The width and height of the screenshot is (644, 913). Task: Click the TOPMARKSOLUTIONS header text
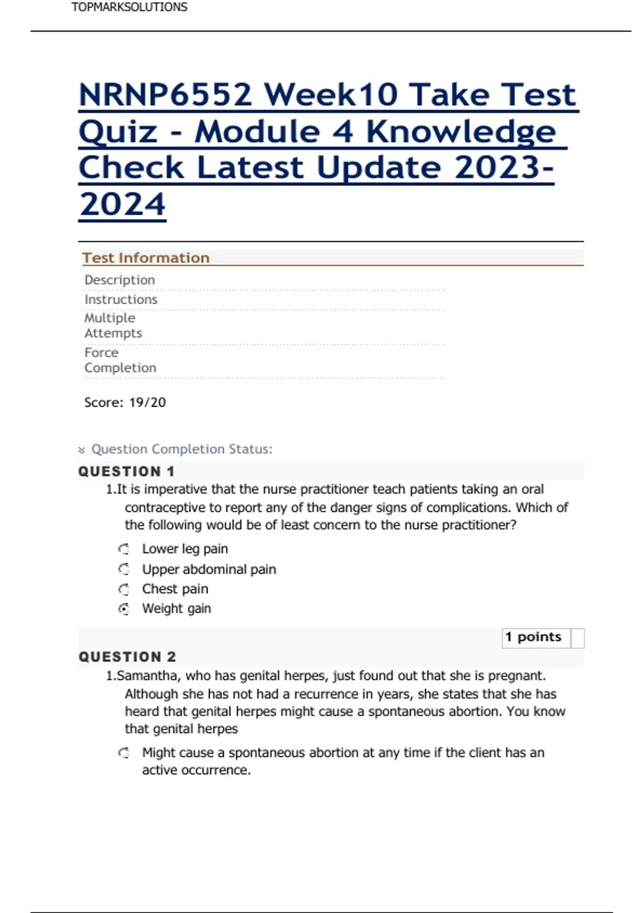tap(129, 8)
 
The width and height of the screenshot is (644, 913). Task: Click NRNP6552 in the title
tap(165, 95)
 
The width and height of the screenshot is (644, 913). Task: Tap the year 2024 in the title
tap(122, 205)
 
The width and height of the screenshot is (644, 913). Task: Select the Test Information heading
tap(145, 258)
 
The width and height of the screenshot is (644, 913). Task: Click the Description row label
tap(120, 280)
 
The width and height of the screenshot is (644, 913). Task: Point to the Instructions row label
tap(121, 299)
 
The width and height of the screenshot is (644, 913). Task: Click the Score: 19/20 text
tap(125, 402)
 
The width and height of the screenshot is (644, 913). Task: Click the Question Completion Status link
tap(182, 449)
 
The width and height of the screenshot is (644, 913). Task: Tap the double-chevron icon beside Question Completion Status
tap(82, 450)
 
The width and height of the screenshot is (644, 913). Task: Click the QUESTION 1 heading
tap(127, 472)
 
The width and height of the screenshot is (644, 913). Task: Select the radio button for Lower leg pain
tap(124, 549)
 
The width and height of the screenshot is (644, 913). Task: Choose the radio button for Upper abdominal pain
tap(124, 569)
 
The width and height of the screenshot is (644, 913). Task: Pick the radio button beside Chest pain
tap(124, 589)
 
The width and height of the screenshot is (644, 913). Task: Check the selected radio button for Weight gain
tap(124, 609)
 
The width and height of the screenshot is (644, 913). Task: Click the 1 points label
tap(533, 637)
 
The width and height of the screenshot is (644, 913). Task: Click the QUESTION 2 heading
tap(127, 657)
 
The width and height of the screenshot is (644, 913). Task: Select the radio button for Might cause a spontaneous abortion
tap(124, 753)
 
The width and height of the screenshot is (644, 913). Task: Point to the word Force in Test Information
tap(101, 352)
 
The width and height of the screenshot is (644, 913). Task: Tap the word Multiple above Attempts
tap(109, 318)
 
